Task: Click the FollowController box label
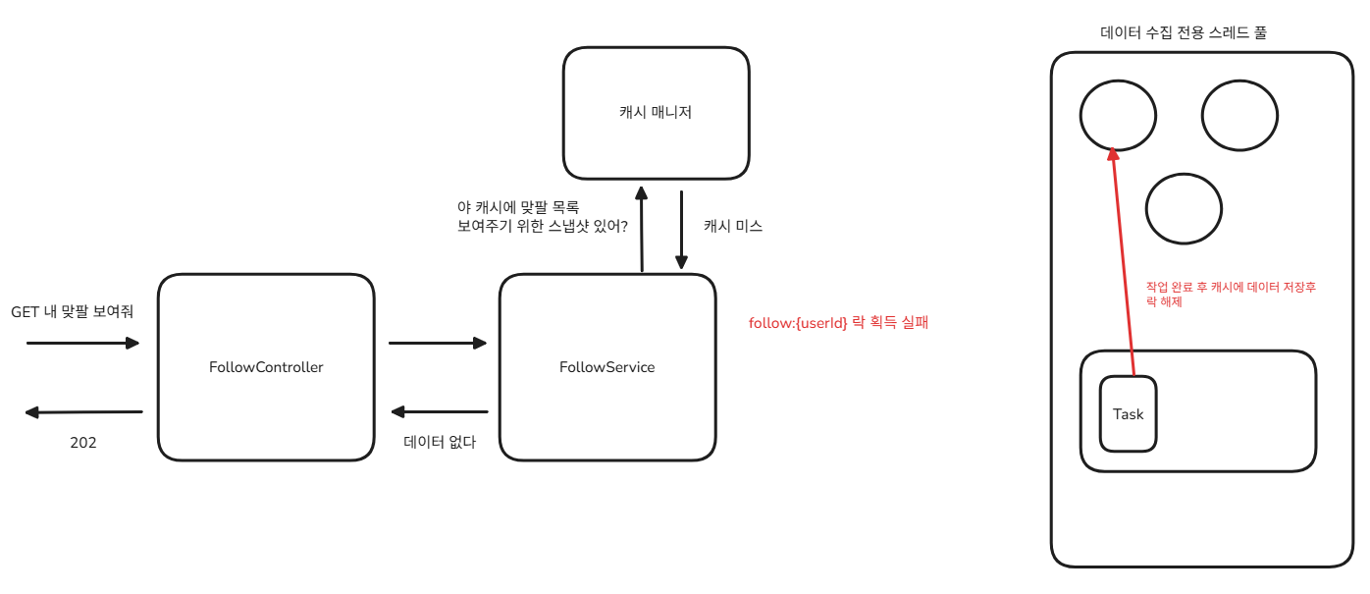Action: point(266,368)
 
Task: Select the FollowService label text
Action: point(606,368)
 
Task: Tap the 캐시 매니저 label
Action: point(656,113)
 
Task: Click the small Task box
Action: point(1128,414)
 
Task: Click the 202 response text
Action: point(83,443)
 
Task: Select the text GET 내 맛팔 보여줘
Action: point(72,312)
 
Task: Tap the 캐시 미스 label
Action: point(733,226)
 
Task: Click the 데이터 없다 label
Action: point(440,443)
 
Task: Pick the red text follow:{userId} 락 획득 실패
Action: point(838,322)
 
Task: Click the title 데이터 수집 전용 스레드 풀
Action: point(1183,32)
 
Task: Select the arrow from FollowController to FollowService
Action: point(438,343)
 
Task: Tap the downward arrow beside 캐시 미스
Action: point(681,230)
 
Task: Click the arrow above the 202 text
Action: point(84,412)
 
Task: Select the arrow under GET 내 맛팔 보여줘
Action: point(83,343)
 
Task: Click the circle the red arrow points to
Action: point(1118,116)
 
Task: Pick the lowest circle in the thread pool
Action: point(1184,208)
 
